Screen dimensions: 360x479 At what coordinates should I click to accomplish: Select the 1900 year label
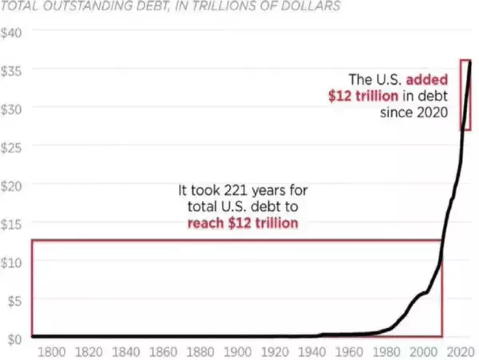pos(238,352)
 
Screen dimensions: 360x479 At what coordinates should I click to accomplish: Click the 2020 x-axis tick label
pos(458,352)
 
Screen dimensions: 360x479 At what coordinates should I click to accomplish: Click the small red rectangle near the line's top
pos(465,94)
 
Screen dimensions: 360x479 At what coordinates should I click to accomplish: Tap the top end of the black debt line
pos(470,62)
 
